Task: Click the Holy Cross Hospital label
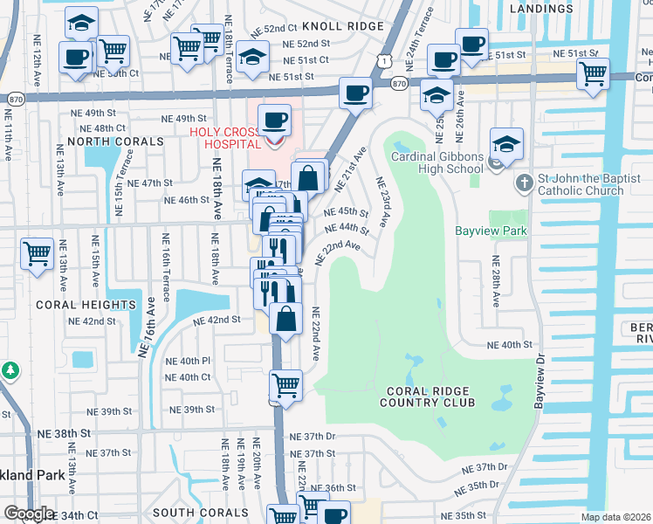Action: pyautogui.click(x=225, y=138)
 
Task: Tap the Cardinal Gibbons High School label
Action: pyautogui.click(x=436, y=163)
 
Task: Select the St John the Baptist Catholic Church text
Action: pyautogui.click(x=581, y=184)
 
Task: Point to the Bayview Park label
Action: pyautogui.click(x=491, y=232)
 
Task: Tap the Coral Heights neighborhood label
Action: pyautogui.click(x=86, y=305)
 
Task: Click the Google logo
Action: pyautogui.click(x=28, y=514)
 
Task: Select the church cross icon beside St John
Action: pyautogui.click(x=523, y=183)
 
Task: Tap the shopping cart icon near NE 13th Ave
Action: pyautogui.click(x=38, y=256)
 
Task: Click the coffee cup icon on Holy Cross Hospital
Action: pyautogui.click(x=275, y=120)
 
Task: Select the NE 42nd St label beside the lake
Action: pyautogui.click(x=217, y=321)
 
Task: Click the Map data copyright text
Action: pyautogui.click(x=616, y=517)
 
